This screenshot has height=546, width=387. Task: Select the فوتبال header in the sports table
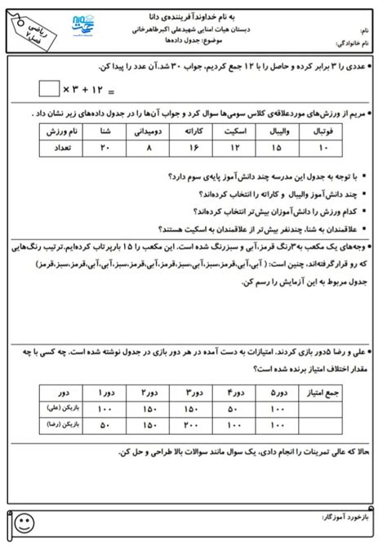point(326,131)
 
